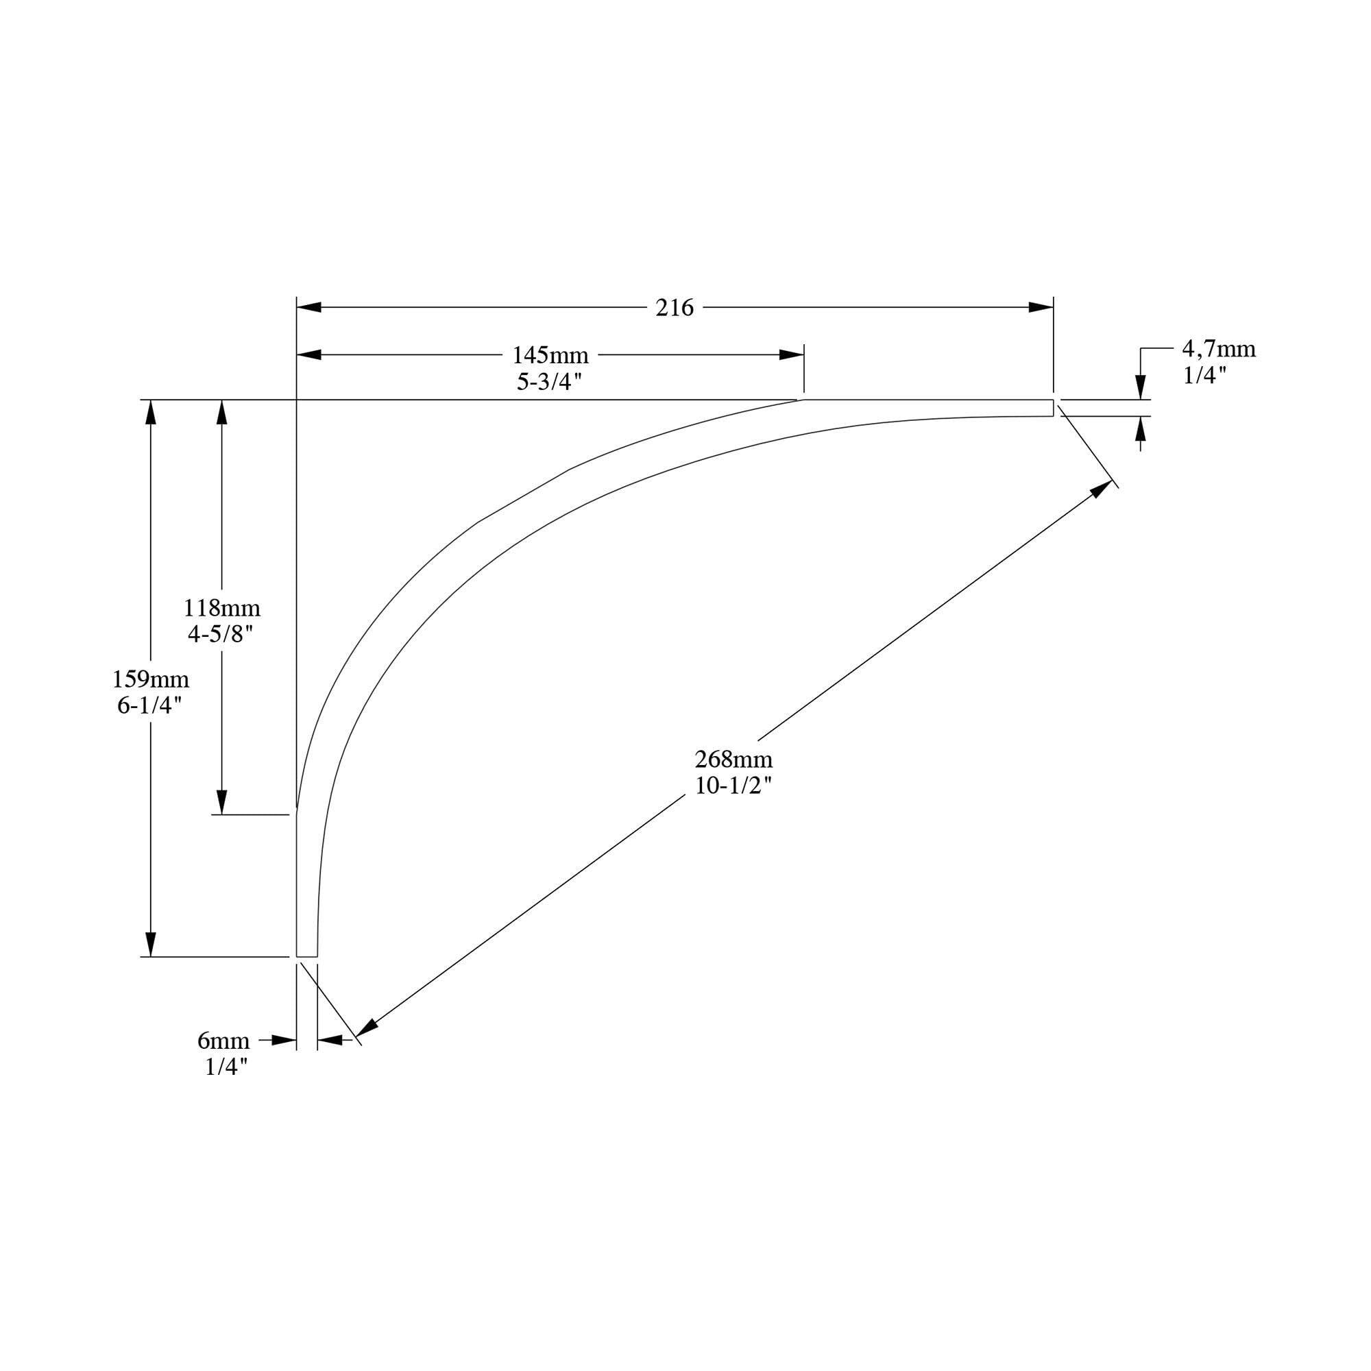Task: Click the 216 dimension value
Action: pos(673,308)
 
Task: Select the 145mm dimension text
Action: pos(550,355)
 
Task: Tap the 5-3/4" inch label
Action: pos(548,382)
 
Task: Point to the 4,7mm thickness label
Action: pos(1217,349)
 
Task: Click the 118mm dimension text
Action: pos(221,608)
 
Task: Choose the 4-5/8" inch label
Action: pos(221,634)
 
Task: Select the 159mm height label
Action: pos(150,680)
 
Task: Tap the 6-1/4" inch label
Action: pos(149,706)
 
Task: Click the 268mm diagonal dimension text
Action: pos(733,760)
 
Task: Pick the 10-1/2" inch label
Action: pos(733,786)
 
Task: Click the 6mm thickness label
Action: pos(223,1041)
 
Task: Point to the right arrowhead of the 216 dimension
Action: pos(1041,307)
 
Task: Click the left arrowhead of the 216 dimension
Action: pos(308,307)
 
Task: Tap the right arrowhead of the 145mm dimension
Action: pos(792,355)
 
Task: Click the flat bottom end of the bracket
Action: pos(306,956)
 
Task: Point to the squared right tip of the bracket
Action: pos(1052,408)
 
